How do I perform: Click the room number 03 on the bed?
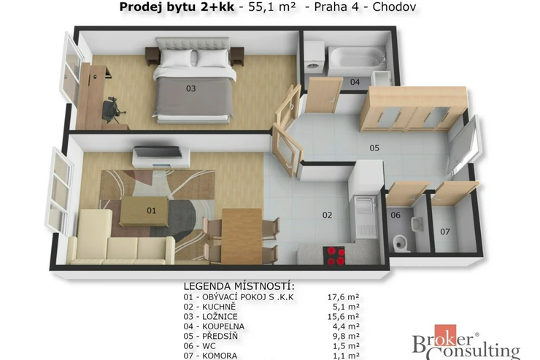pos(190,88)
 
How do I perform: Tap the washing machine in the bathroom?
pos(315,57)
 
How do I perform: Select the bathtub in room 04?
pos(357,61)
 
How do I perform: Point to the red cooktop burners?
pos(334,256)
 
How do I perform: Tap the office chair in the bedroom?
pos(113,110)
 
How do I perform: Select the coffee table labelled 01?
pos(144,211)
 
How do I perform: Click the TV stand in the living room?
pos(161,157)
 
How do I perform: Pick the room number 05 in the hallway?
pos(374,148)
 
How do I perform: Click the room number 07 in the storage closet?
pos(445,232)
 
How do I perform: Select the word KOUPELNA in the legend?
pos(223,326)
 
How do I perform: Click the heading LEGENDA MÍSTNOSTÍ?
pos(239,286)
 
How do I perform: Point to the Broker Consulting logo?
pos(466,342)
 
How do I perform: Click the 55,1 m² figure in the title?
pos(271,7)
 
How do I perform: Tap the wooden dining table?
pos(242,236)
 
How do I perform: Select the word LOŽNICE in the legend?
pos(220,317)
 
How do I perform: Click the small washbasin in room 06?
pos(417,225)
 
